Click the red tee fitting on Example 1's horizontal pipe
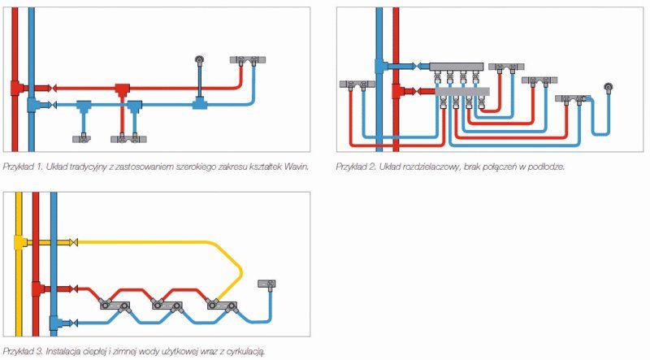pyautogui.click(x=122, y=87)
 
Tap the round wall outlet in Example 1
pyautogui.click(x=198, y=59)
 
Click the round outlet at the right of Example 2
pyautogui.click(x=609, y=87)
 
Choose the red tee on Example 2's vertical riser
pyautogui.click(x=395, y=92)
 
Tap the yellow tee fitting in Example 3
pyautogui.click(x=20, y=242)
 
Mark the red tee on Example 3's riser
pyautogui.click(x=36, y=288)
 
